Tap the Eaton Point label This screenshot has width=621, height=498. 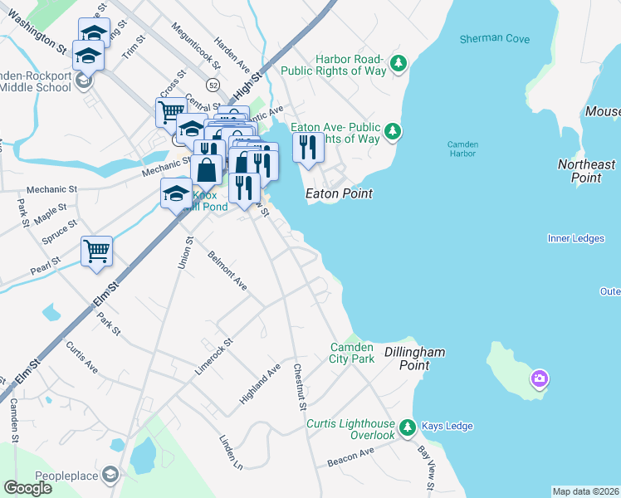click(339, 193)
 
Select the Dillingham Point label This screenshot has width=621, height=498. click(414, 359)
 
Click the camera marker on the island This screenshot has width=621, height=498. click(540, 379)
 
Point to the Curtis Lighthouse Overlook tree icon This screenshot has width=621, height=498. click(407, 427)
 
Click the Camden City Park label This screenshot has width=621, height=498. click(353, 353)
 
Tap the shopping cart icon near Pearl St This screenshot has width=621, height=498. click(96, 251)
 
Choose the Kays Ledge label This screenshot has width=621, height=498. click(447, 427)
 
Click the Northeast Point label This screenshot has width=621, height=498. click(586, 171)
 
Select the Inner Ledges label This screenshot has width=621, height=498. click(575, 239)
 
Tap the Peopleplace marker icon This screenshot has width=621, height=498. click(110, 475)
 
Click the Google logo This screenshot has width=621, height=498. click(27, 488)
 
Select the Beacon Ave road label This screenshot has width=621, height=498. click(351, 456)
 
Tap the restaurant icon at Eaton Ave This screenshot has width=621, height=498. click(308, 147)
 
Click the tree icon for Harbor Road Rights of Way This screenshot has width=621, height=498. click(399, 62)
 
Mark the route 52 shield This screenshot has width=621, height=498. click(213, 85)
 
